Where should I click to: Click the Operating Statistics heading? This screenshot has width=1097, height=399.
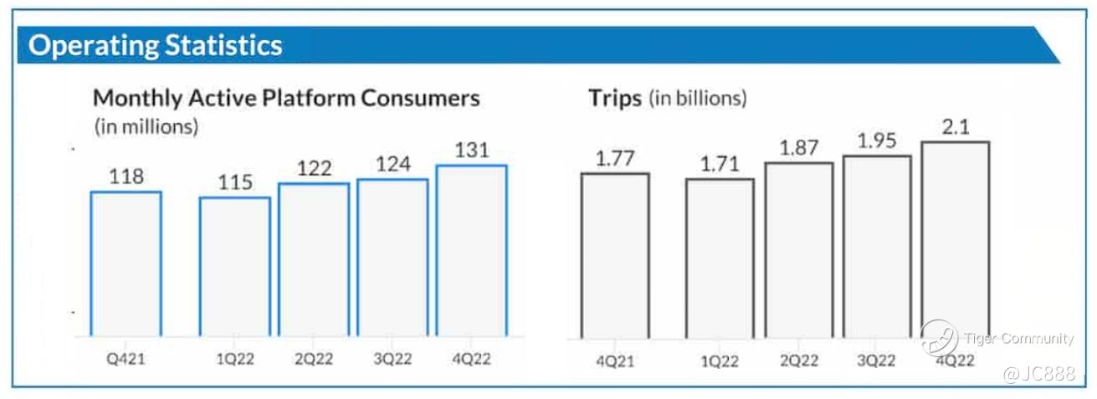[155, 44]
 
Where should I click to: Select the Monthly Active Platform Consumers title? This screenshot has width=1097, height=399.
[286, 98]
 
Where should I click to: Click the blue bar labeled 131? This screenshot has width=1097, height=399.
[471, 251]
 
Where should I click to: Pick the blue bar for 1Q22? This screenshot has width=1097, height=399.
[234, 267]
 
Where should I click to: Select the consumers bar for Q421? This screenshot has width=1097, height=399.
[126, 263]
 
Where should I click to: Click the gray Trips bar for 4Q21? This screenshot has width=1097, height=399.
[615, 255]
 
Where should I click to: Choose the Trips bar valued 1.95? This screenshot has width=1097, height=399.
[876, 247]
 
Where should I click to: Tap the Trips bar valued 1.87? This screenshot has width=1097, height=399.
[798, 250]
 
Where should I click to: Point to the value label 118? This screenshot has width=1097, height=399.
[126, 176]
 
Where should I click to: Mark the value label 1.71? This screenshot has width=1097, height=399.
[720, 162]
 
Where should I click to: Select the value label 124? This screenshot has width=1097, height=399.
[392, 164]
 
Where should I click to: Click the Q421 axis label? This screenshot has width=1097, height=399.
[126, 359]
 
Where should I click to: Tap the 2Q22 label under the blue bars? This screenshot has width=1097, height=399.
[314, 359]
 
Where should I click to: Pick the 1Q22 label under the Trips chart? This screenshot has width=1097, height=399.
[720, 361]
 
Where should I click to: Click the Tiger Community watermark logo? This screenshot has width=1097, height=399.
[939, 338]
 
